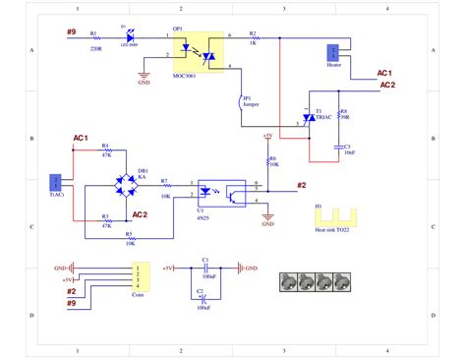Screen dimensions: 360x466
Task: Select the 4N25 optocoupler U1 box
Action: pos(217,192)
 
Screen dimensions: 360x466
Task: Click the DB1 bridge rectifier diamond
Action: pos(126,184)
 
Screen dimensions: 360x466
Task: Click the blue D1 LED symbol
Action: pos(127,36)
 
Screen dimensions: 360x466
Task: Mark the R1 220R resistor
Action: pos(95,37)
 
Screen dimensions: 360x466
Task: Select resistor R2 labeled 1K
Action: pos(253,37)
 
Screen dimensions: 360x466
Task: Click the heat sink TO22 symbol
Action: pos(334,215)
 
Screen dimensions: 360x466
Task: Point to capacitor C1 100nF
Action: pos(207,267)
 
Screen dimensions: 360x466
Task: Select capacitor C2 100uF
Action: pos(202,298)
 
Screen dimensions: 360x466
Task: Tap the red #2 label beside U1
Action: pos(301,185)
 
